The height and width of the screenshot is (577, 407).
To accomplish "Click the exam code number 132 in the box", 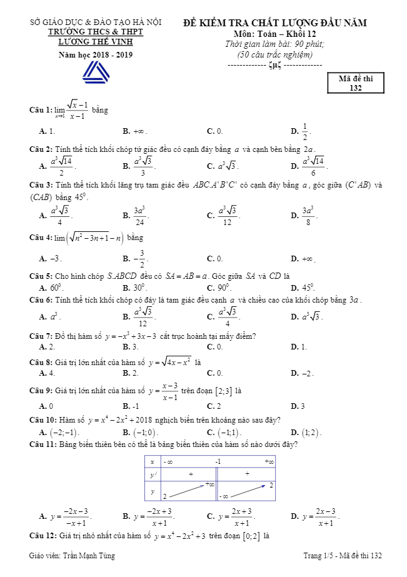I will [x=356, y=88].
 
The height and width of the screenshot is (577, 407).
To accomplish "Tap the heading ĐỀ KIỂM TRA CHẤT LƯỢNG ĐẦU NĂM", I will [x=274, y=23].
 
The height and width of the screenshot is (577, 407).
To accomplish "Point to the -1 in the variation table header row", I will [x=218, y=461].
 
